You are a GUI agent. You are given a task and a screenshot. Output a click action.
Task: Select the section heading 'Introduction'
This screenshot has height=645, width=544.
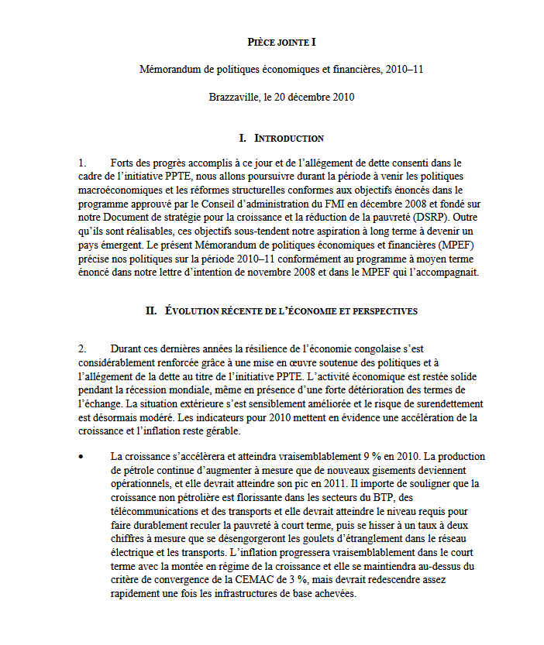coord(289,138)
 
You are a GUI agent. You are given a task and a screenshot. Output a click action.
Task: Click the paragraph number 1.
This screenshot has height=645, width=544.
coord(81,163)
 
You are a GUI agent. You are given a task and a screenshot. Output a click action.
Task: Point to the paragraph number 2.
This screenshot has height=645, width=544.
coord(81,348)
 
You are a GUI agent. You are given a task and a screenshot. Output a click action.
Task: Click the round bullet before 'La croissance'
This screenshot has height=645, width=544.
coord(81,456)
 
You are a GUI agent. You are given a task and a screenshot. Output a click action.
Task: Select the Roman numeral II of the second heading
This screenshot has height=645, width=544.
coord(152,310)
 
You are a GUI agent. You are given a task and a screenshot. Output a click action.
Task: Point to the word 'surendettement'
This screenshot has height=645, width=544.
coord(447,403)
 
